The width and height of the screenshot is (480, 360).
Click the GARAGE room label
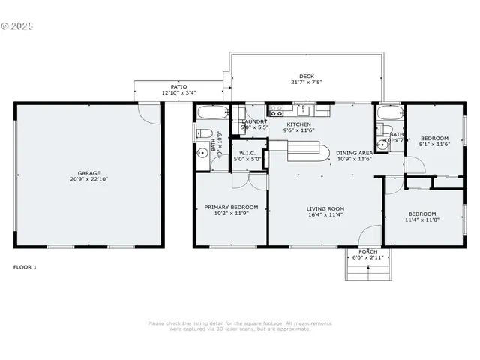(89, 173)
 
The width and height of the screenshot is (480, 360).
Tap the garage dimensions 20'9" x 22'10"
(89, 180)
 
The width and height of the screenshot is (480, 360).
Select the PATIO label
(178, 87)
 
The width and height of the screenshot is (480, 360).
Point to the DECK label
(307, 76)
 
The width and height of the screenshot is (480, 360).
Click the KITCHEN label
(299, 124)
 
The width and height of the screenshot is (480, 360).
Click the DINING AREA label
(353, 152)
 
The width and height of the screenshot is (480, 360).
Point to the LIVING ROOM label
(325, 208)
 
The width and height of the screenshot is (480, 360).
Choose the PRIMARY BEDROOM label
(231, 207)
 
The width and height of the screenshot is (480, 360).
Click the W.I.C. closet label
(247, 152)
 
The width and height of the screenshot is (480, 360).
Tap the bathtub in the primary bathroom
(211, 114)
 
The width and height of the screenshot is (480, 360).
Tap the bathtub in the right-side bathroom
(390, 114)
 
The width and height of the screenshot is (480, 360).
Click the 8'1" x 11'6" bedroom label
(434, 139)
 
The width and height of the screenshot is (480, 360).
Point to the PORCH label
(367, 251)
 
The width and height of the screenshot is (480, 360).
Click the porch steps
(367, 268)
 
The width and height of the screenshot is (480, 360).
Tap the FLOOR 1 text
(25, 267)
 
